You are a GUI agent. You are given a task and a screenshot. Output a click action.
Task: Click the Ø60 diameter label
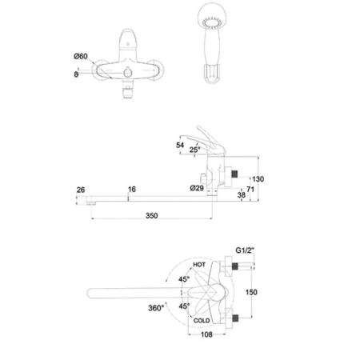coord(81,56)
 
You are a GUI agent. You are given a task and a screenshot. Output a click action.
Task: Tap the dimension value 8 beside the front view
coord(76,74)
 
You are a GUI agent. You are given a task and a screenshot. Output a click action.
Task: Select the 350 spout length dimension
coord(151,215)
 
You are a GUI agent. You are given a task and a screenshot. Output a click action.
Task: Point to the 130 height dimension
coord(258,179)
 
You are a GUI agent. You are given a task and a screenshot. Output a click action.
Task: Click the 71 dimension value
coord(250,190)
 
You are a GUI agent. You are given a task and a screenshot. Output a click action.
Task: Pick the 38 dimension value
coord(242,195)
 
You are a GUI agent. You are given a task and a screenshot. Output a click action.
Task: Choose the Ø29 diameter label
coord(197,188)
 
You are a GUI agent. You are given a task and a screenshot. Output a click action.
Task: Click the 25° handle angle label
coord(194,150)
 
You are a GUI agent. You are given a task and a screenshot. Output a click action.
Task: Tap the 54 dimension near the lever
coord(180,145)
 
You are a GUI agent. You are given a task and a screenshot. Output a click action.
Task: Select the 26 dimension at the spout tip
coord(81,190)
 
